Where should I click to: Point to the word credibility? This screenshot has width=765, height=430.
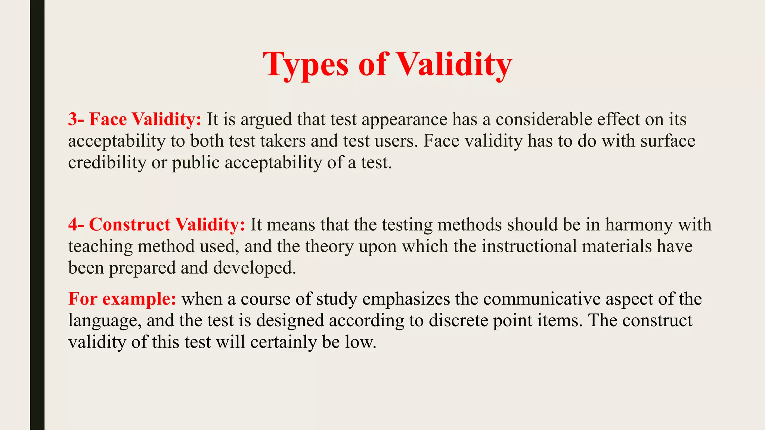tap(107, 163)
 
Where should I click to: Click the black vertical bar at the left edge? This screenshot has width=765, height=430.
tap(37, 215)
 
